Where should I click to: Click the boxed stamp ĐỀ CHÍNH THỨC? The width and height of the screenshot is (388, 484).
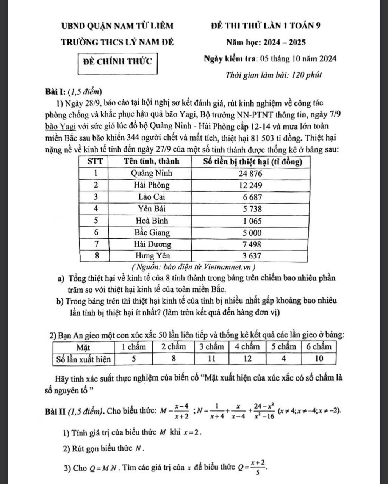(117, 61)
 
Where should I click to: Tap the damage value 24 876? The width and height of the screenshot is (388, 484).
(250, 174)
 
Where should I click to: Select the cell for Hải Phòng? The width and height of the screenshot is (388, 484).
(152, 185)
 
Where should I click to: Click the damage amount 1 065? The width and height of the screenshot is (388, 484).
(250, 221)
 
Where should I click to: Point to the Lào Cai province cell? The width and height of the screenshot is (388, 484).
(152, 197)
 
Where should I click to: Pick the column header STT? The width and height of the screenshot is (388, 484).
(95, 161)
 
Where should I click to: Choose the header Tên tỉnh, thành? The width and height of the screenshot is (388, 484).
(152, 161)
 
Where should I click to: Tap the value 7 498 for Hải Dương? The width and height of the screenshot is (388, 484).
(250, 244)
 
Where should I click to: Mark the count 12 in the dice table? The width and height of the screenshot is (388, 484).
(247, 359)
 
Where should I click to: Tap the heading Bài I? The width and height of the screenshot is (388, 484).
(56, 91)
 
